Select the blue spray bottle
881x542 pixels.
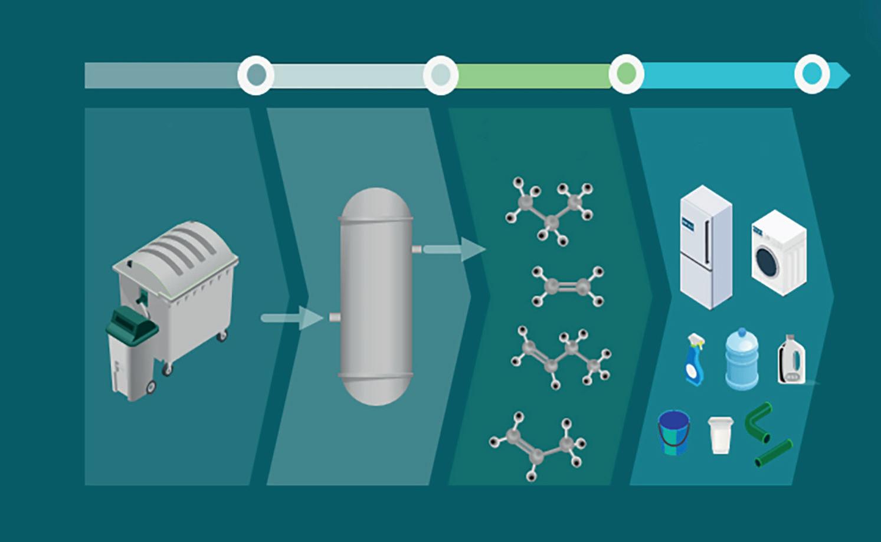point(695,360)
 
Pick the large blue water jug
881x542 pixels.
point(741,359)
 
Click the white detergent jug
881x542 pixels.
point(791,360)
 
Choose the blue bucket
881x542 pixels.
point(674,432)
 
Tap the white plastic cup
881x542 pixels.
point(720,435)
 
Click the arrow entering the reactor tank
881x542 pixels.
point(292,318)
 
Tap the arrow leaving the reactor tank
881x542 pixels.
point(454,249)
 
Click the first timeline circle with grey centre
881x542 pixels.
point(256,75)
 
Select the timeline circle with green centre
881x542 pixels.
point(626,74)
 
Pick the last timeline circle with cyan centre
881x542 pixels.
point(812,74)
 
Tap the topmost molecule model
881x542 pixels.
point(549,210)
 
